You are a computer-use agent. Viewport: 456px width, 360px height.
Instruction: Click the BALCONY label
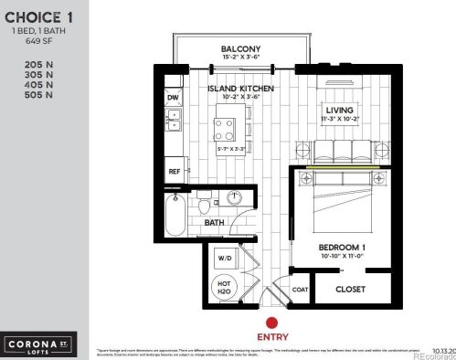coord(241,49)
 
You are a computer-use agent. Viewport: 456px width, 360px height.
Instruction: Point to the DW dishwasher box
coord(173,97)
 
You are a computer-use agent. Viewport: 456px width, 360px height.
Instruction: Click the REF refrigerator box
coord(173,171)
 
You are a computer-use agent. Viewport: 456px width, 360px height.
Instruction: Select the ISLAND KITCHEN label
coord(236,88)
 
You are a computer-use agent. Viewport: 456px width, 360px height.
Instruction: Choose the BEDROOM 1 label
coord(342,248)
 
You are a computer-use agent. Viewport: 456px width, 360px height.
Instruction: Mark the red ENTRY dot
coord(270,323)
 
